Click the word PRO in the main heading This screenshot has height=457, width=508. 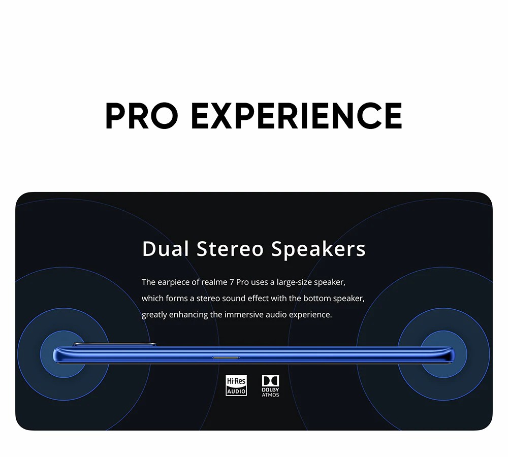pyautogui.click(x=142, y=116)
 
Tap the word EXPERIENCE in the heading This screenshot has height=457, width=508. pyautogui.click(x=297, y=116)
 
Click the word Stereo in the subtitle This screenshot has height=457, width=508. pyautogui.click(x=230, y=249)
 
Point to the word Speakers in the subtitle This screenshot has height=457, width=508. pyautogui.click(x=319, y=249)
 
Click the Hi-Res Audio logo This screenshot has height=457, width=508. pyautogui.click(x=236, y=385)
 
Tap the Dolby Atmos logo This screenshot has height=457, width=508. pyautogui.click(x=270, y=386)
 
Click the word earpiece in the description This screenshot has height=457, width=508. pyautogui.click(x=174, y=282)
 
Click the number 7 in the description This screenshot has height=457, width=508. pyautogui.click(x=232, y=282)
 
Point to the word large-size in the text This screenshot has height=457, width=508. pyautogui.click(x=294, y=282)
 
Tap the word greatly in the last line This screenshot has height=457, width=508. pyautogui.click(x=154, y=315)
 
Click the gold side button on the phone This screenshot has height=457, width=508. pyautogui.click(x=226, y=357)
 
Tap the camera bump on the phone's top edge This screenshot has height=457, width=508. pyautogui.click(x=114, y=344)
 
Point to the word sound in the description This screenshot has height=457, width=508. pyautogui.click(x=234, y=298)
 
